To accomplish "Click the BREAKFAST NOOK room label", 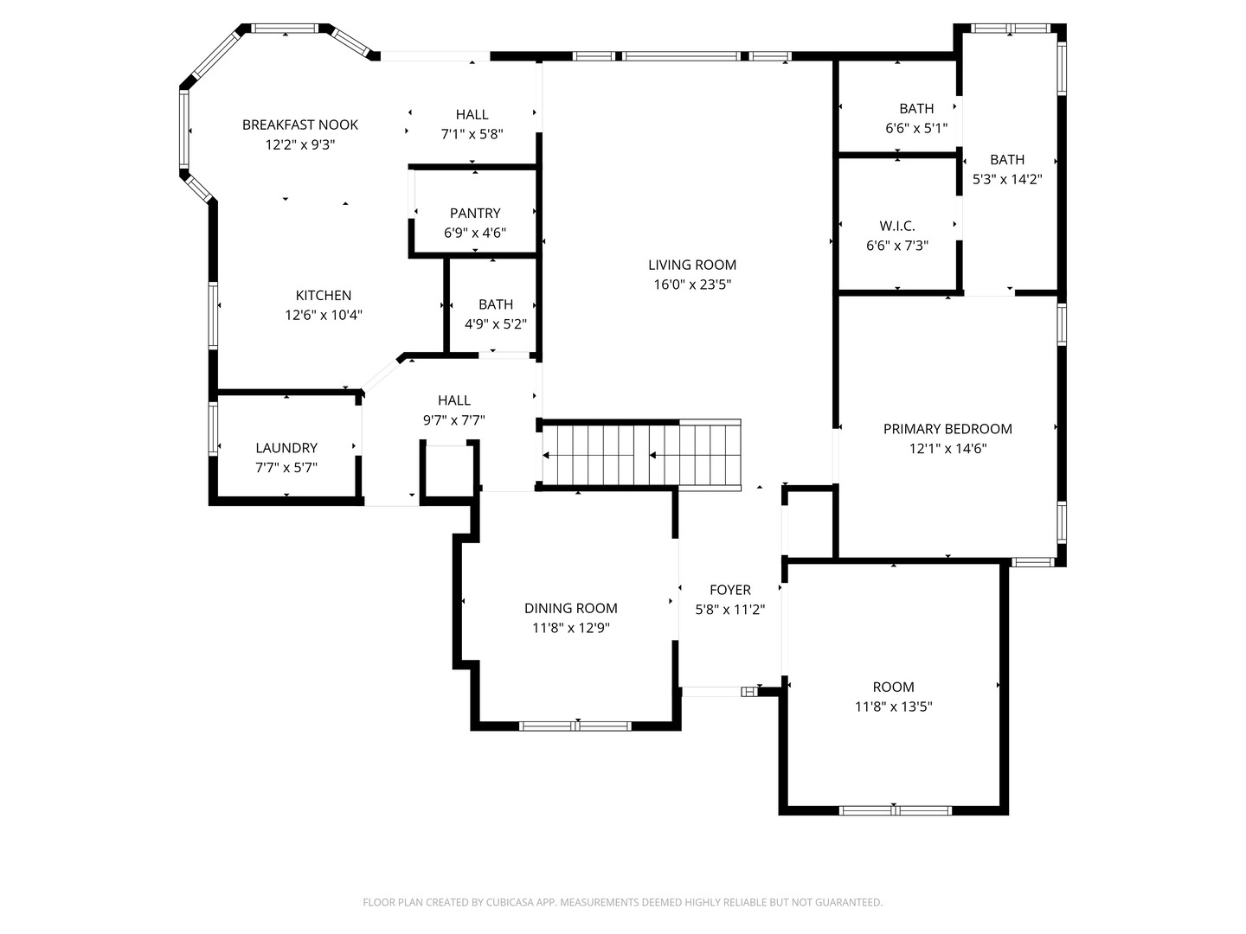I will click(x=299, y=125).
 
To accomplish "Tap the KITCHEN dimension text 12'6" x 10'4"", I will click(x=324, y=316).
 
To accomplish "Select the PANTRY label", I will click(x=475, y=213).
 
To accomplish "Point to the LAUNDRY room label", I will click(x=286, y=448).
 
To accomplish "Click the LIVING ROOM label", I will click(x=692, y=265).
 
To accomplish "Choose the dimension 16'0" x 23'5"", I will click(x=692, y=285).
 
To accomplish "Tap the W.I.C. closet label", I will click(x=897, y=226).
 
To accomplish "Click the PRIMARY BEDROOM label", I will click(x=947, y=429).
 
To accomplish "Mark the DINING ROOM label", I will click(x=571, y=608).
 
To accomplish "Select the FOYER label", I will click(x=730, y=590).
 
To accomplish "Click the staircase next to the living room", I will click(x=640, y=455).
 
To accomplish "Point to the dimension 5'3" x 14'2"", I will click(x=1007, y=180).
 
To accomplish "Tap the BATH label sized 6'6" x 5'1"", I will click(x=916, y=108).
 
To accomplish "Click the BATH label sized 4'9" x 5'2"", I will click(x=496, y=304).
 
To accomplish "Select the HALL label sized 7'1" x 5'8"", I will click(x=472, y=114).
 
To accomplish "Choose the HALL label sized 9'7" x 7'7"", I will click(x=454, y=400).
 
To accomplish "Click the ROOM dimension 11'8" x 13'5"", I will click(x=893, y=707).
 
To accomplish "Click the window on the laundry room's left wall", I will click(x=213, y=429).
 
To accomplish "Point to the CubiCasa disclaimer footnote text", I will click(x=622, y=902).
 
